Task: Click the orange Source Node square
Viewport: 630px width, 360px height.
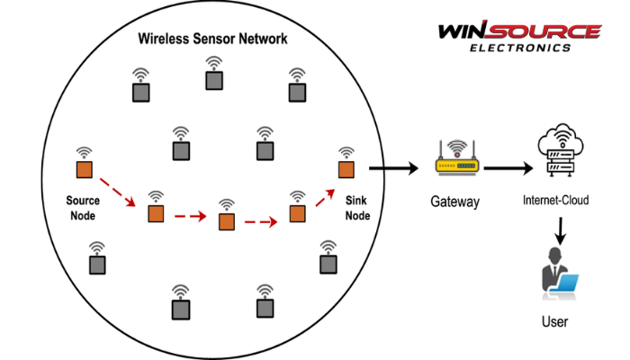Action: point(85,170)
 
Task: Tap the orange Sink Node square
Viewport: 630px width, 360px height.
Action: point(345,170)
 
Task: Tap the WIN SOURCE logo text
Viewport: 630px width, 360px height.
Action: point(519,31)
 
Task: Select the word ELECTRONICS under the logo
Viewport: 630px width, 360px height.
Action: point(520,48)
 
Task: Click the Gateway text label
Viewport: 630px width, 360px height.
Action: point(454,201)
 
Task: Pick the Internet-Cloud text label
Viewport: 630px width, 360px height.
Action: point(555,200)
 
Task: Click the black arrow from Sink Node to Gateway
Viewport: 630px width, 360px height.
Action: point(391,167)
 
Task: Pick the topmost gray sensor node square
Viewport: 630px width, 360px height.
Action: point(213,80)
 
